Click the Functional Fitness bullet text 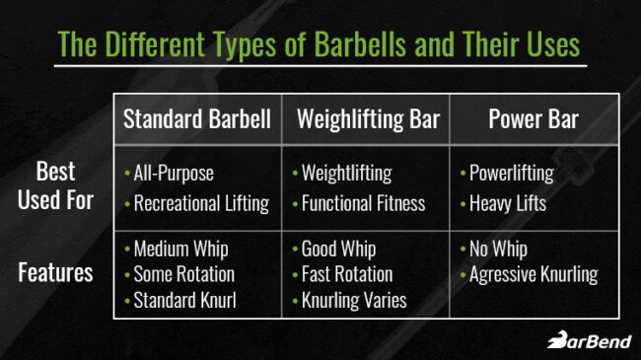[364, 204]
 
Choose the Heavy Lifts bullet [505, 204]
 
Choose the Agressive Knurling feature [533, 274]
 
